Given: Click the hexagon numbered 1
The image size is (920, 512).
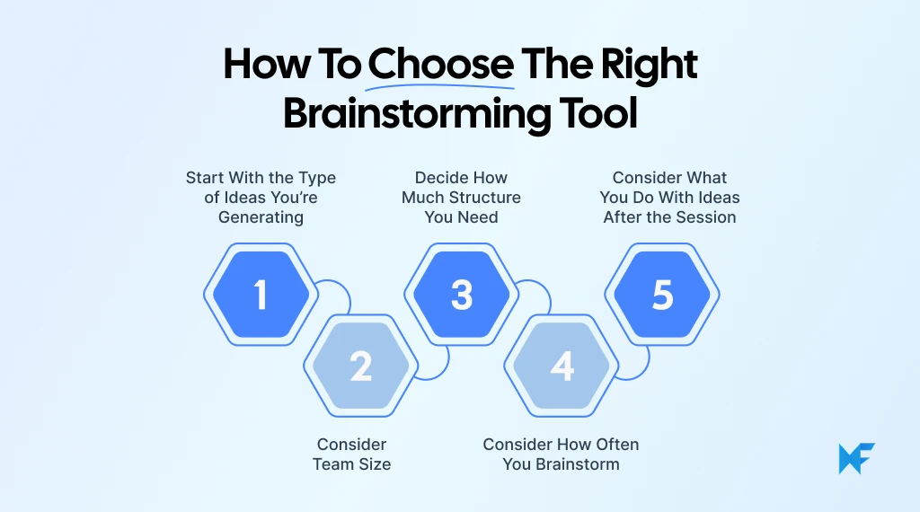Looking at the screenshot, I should (261, 295).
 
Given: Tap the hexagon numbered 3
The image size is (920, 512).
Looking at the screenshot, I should (462, 295).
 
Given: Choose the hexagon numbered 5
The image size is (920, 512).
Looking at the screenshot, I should (662, 295).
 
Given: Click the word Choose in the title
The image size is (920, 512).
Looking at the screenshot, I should (440, 65).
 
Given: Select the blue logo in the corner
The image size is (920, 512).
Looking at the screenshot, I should (855, 458).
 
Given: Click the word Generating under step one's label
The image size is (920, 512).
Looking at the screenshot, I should (261, 217).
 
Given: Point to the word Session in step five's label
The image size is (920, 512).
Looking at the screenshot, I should (707, 217).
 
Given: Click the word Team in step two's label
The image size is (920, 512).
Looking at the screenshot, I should (332, 464).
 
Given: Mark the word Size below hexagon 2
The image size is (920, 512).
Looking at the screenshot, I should (374, 464).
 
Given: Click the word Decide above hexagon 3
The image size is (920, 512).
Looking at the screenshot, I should (439, 178).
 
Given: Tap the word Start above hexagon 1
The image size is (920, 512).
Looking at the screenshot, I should (206, 178).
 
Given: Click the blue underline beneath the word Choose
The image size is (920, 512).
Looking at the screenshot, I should (440, 87).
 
